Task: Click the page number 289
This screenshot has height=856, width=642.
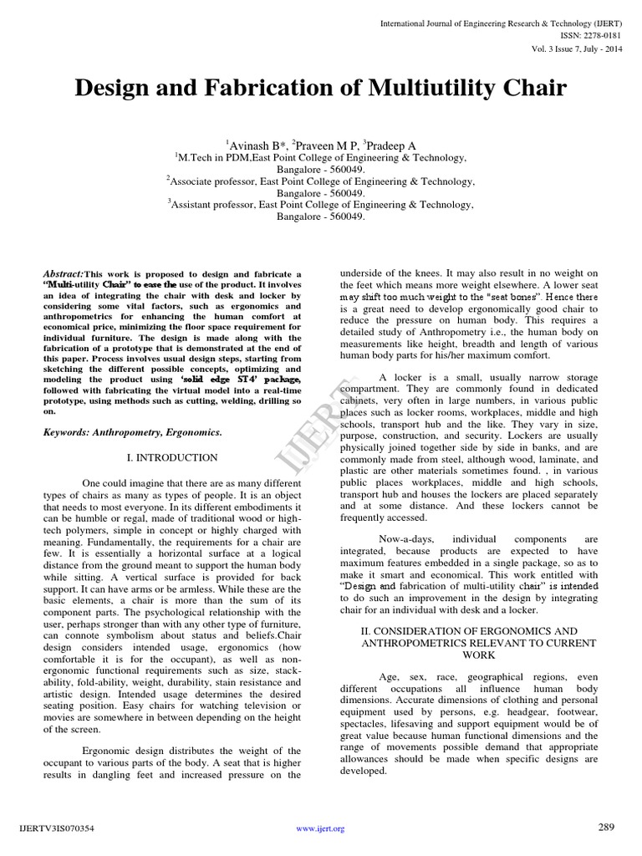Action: tap(606, 828)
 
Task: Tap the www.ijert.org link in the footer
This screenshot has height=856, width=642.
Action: tap(321, 829)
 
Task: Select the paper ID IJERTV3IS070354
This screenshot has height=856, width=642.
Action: tap(55, 829)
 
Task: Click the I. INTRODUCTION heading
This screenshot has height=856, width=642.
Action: tap(171, 457)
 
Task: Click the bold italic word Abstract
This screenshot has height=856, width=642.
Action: tap(62, 273)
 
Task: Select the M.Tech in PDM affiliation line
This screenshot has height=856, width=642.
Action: tap(321, 156)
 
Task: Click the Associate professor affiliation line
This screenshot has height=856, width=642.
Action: tap(321, 180)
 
